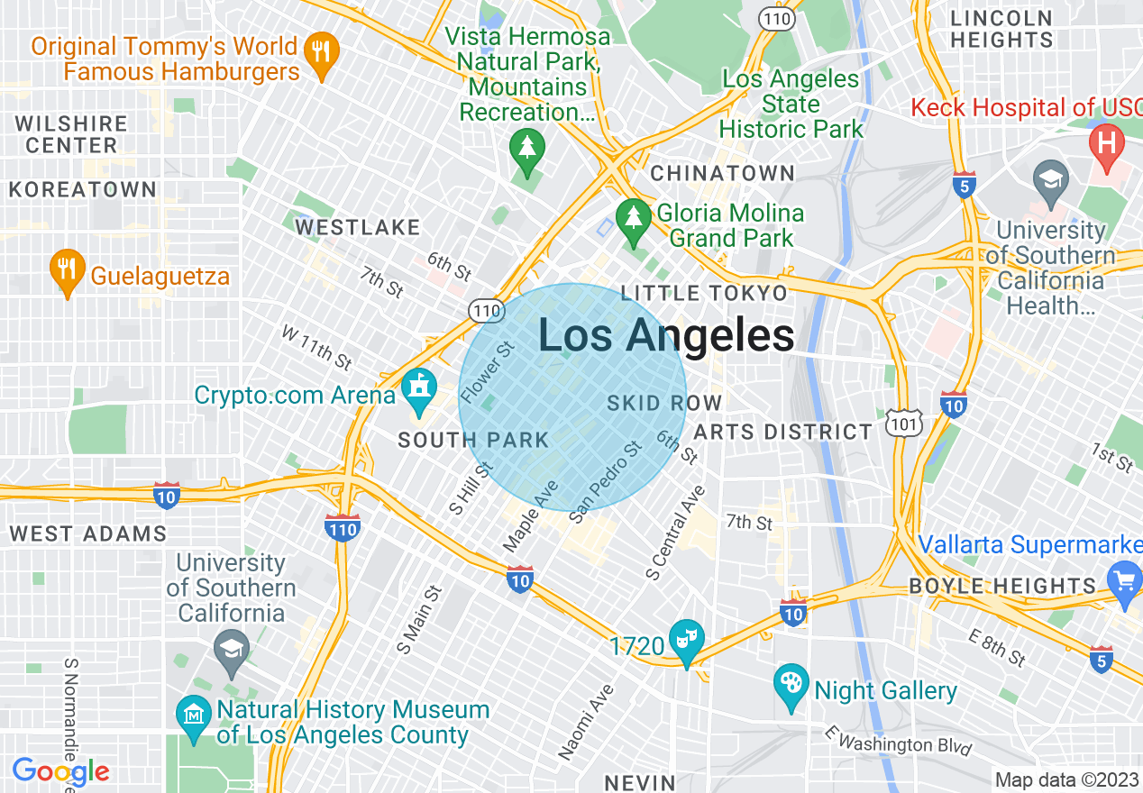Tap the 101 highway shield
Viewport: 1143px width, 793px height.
(902, 423)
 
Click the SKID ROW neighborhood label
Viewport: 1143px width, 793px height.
(664, 403)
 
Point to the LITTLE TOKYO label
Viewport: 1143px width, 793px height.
(704, 293)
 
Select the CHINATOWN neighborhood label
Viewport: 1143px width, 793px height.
(722, 173)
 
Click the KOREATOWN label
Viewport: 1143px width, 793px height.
(82, 190)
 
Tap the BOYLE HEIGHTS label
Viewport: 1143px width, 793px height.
(1001, 586)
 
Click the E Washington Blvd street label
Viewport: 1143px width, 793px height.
(899, 742)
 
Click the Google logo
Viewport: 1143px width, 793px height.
(60, 771)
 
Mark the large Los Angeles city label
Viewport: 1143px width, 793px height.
(666, 335)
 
